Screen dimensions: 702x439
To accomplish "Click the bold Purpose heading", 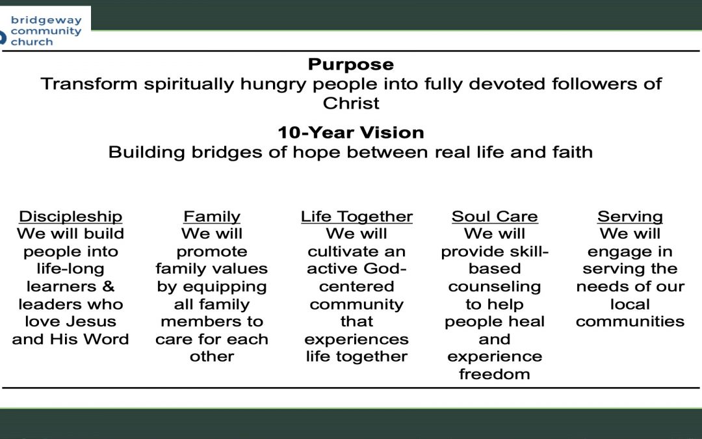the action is [x=351, y=64].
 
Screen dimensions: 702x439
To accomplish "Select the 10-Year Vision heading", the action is [x=351, y=133].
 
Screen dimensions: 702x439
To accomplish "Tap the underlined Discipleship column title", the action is [x=70, y=217].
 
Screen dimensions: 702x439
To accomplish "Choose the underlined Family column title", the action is [x=212, y=217].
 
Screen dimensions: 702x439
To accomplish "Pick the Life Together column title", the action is [x=356, y=217].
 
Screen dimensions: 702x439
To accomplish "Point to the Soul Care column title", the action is [x=494, y=217].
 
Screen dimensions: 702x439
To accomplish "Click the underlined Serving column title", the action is [x=630, y=217].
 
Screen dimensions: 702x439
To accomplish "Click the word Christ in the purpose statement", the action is [x=351, y=103].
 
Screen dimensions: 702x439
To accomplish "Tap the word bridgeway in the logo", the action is [x=46, y=21].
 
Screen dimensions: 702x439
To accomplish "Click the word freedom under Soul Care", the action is [x=494, y=374].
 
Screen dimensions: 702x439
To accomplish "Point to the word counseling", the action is [x=494, y=287].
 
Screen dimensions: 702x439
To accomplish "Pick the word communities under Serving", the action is [x=630, y=322].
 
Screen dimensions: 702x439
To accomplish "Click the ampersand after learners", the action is [x=109, y=286].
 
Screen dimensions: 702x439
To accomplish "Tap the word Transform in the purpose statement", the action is [x=88, y=84].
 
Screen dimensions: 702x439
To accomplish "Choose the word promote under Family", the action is [x=212, y=252].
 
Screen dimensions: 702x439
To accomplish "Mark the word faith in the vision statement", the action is [x=572, y=152].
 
